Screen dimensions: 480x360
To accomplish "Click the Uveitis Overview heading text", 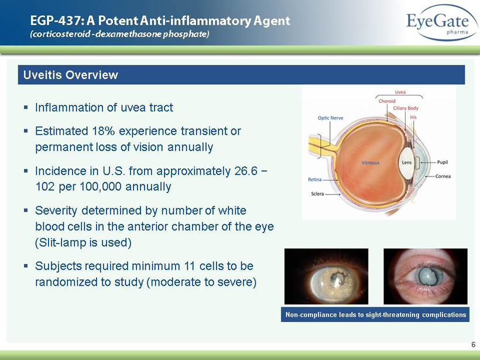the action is tap(71, 75).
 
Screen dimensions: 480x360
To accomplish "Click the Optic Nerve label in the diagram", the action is tap(331, 118).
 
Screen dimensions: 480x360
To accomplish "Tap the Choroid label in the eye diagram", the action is tap(387, 101).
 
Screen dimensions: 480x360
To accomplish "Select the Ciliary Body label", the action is tap(406, 108).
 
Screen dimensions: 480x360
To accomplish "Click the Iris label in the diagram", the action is tap(413, 117).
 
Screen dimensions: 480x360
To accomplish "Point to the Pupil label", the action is tap(443, 162).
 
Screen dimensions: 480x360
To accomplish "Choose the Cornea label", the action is tap(443, 176).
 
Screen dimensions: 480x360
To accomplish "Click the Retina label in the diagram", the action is tap(315, 180).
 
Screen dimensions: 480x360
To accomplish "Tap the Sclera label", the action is tap(317, 194).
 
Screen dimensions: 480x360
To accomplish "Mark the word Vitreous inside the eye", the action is tap(371, 163).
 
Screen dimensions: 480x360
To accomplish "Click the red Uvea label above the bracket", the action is tap(400, 92).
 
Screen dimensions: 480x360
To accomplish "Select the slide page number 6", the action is tap(473, 344).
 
